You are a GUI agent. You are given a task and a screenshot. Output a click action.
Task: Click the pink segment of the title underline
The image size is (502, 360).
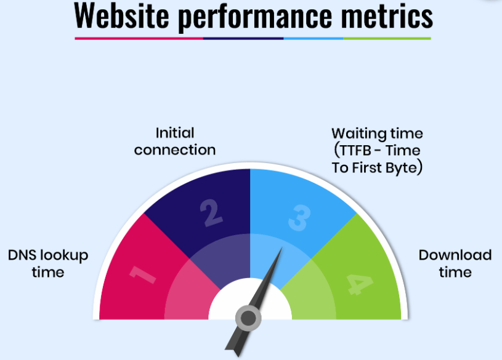[x=139, y=38]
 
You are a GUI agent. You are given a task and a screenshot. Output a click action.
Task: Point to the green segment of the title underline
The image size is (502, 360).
[x=387, y=38]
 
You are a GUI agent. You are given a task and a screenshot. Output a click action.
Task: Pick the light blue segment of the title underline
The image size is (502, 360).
[x=313, y=38]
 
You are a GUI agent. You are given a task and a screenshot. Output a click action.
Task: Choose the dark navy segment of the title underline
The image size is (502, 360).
[x=243, y=38]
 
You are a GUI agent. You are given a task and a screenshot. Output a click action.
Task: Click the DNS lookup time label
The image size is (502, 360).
[x=48, y=263]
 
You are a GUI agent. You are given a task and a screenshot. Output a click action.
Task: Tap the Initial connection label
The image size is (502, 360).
[x=175, y=141]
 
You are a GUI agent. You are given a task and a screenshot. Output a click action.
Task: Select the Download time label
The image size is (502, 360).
[x=455, y=263]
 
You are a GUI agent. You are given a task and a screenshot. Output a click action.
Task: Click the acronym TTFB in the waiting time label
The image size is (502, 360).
[x=355, y=150]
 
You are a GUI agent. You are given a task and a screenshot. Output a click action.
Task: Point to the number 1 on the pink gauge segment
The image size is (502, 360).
[x=142, y=274]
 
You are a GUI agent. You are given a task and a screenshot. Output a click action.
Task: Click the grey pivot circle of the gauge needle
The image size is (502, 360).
[x=248, y=318]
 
